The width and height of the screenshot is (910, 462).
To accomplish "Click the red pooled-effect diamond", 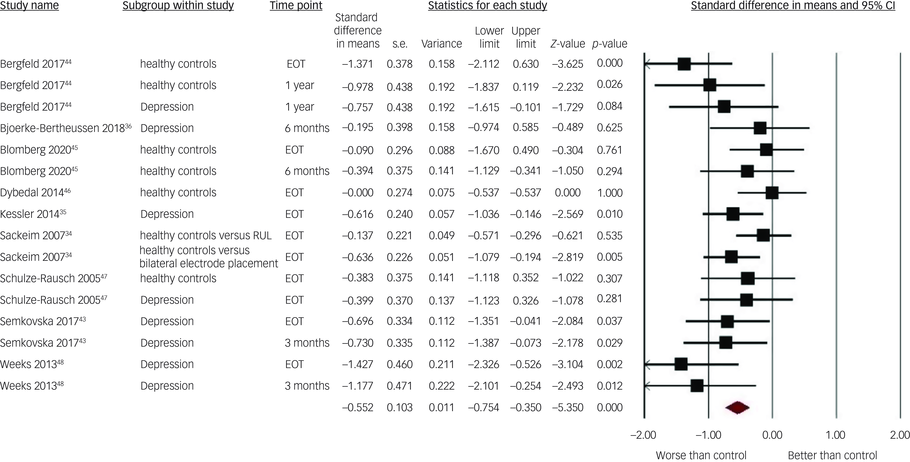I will tap(737, 407).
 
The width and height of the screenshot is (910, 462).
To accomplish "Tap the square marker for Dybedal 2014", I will tap(772, 193).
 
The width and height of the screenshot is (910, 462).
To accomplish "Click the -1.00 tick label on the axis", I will tap(708, 435).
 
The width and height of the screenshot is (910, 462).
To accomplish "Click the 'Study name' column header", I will tap(29, 6).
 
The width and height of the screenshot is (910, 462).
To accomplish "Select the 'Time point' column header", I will tap(296, 6).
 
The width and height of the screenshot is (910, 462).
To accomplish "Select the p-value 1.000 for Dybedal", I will tap(610, 193).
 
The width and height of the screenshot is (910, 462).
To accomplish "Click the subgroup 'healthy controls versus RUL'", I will tap(206, 235).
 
